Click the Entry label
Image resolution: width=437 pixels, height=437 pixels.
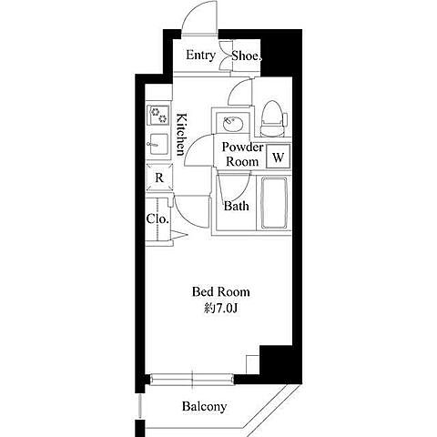click(x=200, y=56)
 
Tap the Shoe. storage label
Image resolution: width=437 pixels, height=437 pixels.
click(x=247, y=56)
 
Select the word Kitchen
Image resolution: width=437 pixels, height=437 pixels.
click(x=181, y=135)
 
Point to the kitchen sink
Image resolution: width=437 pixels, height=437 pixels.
click(x=158, y=144)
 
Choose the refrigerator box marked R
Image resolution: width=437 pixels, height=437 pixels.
click(x=159, y=178)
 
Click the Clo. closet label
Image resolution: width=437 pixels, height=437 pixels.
click(x=158, y=218)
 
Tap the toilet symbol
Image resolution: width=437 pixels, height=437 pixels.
click(x=273, y=118)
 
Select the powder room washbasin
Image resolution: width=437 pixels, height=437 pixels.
click(x=232, y=123)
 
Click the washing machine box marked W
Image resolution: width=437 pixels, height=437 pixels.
click(x=279, y=157)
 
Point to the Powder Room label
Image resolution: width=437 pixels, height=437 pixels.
click(x=242, y=155)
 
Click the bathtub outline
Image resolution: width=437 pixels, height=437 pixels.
click(x=274, y=203)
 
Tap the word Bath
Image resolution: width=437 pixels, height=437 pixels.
click(x=237, y=207)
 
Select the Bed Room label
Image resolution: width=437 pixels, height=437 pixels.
click(x=221, y=292)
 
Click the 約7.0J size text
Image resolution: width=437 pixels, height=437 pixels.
click(x=220, y=309)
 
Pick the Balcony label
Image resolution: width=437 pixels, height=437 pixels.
click(x=204, y=406)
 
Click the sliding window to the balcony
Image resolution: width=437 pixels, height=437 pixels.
click(x=192, y=379)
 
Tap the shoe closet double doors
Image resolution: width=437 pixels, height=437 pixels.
click(x=225, y=56)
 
